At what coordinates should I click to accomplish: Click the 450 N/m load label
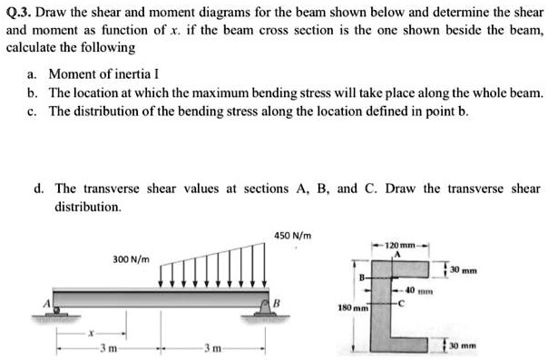click(293, 237)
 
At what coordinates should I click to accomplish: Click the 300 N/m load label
click(132, 258)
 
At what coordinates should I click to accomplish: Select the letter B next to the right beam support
click(279, 302)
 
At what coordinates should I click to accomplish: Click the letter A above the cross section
click(396, 256)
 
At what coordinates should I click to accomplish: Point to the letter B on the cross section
click(361, 275)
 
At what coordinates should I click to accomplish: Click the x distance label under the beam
click(88, 334)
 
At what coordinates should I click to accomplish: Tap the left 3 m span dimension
click(107, 346)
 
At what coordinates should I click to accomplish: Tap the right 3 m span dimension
click(210, 346)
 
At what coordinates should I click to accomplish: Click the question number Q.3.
click(20, 14)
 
